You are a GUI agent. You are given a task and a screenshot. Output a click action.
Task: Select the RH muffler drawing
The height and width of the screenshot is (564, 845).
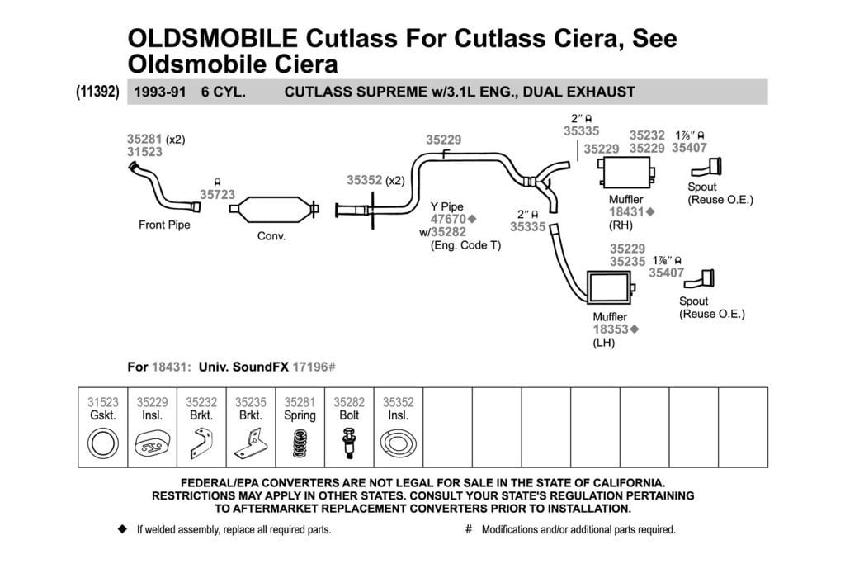click(626, 172)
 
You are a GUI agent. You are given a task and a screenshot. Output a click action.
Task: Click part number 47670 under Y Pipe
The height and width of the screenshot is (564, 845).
click(448, 219)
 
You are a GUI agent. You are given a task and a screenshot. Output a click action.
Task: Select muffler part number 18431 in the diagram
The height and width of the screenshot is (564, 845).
click(627, 212)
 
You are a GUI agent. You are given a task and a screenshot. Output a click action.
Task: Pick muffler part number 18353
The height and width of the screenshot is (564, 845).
click(611, 329)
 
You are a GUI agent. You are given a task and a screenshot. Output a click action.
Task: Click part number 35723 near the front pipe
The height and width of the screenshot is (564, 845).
click(217, 194)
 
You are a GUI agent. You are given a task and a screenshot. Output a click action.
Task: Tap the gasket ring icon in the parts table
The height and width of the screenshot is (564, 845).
click(103, 443)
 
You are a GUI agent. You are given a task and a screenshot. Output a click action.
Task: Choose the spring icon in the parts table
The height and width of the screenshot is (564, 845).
click(300, 443)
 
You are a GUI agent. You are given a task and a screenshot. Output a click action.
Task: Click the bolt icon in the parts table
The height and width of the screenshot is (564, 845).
click(349, 443)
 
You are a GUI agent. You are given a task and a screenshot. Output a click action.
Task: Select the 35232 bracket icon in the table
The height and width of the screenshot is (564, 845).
click(201, 443)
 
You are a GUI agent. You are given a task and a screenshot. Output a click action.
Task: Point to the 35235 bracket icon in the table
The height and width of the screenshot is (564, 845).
click(251, 443)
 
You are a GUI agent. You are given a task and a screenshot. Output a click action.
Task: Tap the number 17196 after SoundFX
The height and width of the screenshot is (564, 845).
click(310, 367)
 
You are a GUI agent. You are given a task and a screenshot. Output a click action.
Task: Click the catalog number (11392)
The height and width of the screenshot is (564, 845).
click(97, 91)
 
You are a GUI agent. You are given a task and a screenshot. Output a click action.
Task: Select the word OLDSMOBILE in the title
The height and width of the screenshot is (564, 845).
click(212, 38)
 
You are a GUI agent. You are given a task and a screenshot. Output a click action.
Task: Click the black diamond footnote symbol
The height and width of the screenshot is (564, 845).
click(122, 529)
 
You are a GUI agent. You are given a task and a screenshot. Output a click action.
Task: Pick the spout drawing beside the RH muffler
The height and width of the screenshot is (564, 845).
click(706, 167)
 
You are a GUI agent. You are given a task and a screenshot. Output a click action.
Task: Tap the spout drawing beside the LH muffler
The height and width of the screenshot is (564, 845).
click(699, 279)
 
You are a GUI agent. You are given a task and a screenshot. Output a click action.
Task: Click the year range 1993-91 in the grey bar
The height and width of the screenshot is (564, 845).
click(159, 92)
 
